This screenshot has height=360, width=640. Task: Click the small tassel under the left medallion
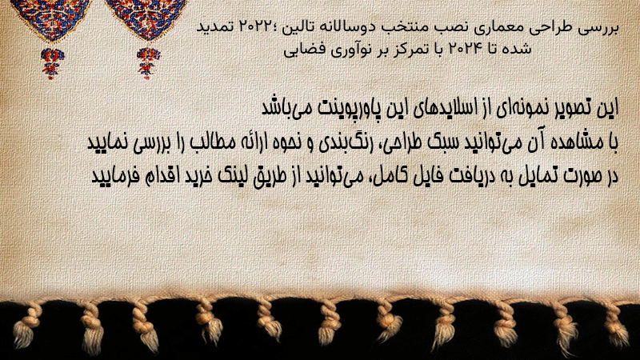tap(52, 63)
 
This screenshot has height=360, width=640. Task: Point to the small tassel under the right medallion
tap(148, 62)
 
